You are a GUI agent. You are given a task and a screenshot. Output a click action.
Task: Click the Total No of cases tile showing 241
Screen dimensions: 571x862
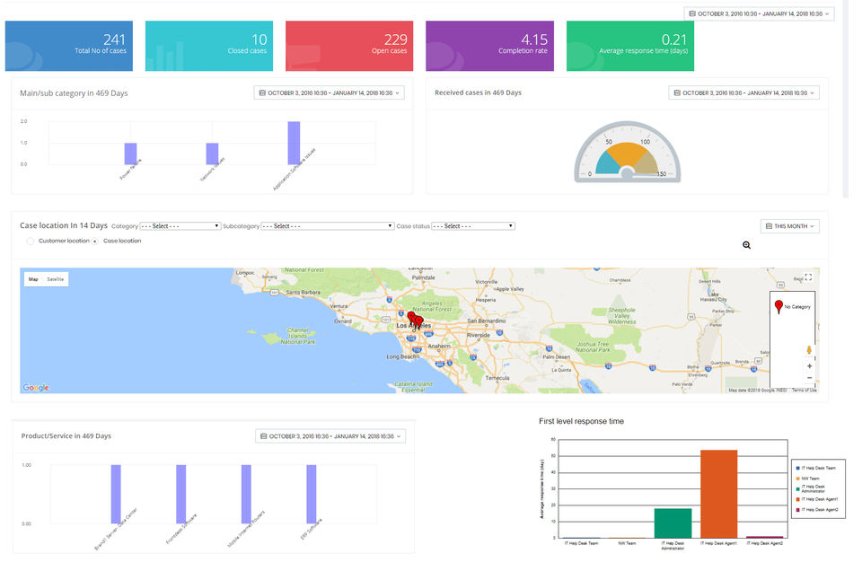[69, 46]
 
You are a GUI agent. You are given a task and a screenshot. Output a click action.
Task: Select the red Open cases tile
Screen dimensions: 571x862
[349, 46]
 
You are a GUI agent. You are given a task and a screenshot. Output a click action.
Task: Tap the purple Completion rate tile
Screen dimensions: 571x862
[489, 46]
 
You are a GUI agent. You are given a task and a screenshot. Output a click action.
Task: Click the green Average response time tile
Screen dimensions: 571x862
[629, 46]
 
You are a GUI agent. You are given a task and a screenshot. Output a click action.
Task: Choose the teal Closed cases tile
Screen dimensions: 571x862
[209, 46]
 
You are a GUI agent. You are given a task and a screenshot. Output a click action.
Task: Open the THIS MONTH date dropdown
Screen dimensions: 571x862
[789, 226]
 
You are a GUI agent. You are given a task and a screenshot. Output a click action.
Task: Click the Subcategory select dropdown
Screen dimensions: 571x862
[327, 226]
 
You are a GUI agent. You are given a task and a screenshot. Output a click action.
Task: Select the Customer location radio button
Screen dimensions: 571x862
[31, 241]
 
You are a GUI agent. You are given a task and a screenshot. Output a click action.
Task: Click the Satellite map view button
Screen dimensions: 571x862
[56, 279]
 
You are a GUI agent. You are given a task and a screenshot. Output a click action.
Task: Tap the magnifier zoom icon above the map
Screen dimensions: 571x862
[746, 245]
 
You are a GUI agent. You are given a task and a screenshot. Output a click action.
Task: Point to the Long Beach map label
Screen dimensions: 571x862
[402, 356]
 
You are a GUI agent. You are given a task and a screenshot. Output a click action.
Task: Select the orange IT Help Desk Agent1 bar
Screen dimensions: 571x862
[718, 493]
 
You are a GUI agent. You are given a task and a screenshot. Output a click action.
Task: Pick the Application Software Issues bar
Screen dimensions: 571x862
[294, 143]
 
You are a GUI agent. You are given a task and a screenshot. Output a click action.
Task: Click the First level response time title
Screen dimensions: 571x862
[581, 421]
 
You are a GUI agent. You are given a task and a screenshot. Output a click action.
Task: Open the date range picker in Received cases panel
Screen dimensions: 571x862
[743, 92]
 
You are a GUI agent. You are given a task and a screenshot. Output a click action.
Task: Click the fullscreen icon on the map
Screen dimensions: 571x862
[808, 277]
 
